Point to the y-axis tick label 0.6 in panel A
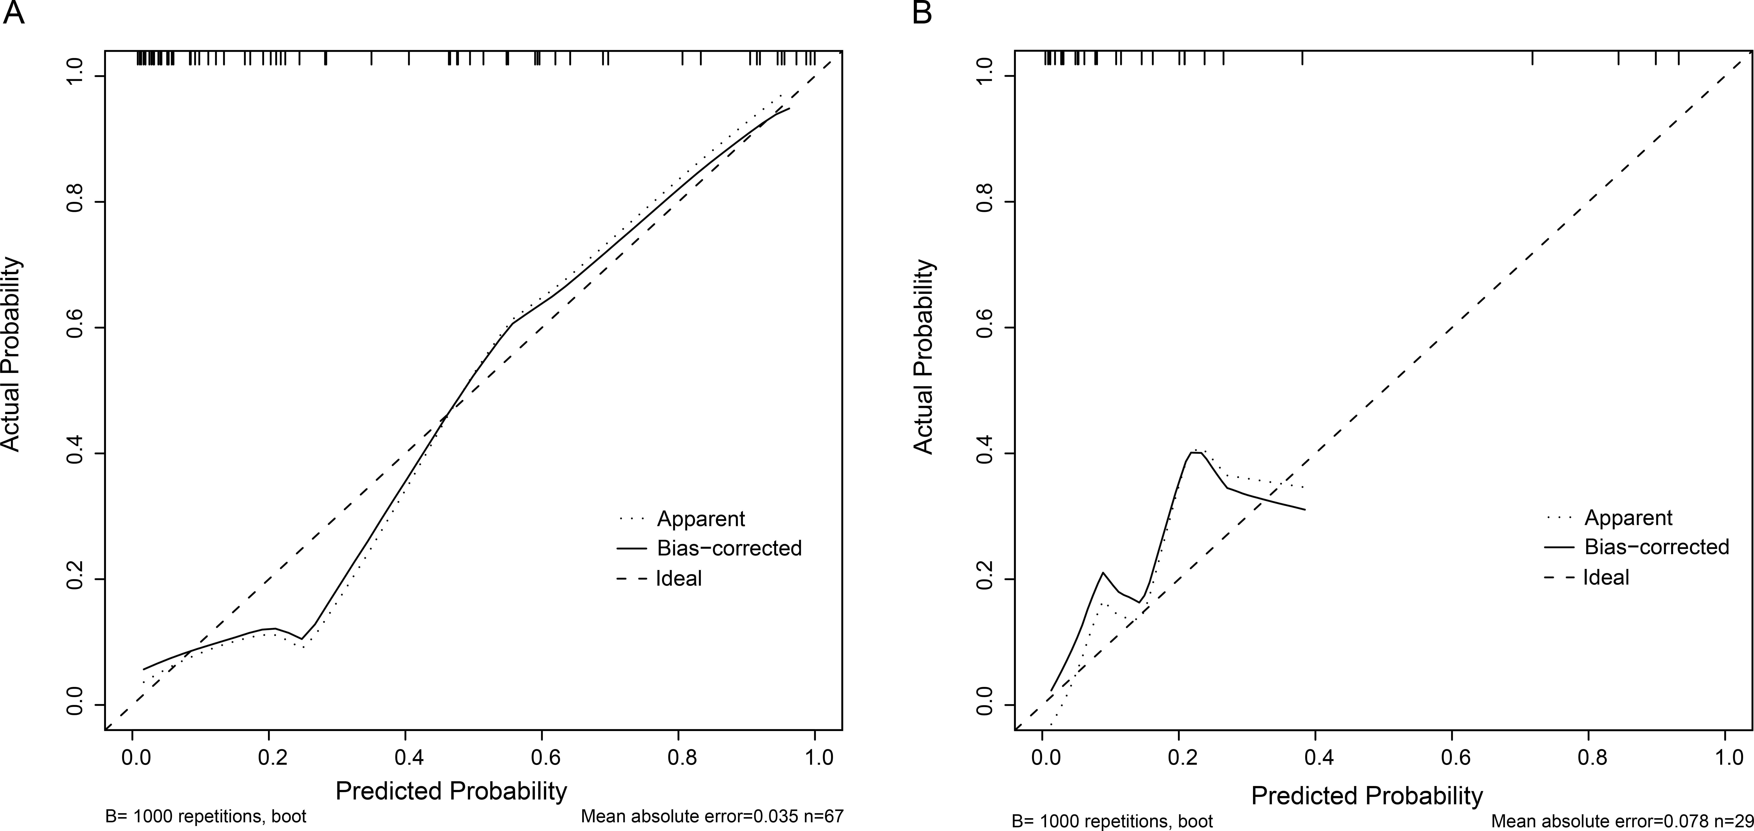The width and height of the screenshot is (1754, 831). point(75,328)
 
